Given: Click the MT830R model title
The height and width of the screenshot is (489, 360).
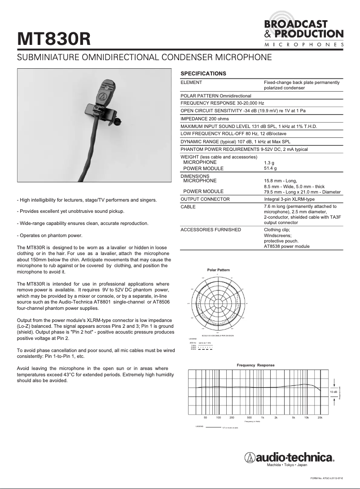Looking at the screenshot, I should (54, 39).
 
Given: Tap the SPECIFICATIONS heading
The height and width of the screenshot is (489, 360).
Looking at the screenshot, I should (203, 73).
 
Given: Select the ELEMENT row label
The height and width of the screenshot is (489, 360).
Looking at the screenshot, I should (191, 83).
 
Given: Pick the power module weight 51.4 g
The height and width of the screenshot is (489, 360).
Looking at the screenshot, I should (270, 168).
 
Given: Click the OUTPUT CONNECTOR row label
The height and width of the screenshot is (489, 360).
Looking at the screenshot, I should (205, 199).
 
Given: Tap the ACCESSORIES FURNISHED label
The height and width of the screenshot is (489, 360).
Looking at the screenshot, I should (211, 229).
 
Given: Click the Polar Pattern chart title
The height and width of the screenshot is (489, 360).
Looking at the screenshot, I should (218, 270).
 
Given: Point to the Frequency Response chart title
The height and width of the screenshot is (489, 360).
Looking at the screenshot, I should (255, 365).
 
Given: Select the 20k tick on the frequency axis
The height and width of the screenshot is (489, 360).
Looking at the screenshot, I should (320, 418).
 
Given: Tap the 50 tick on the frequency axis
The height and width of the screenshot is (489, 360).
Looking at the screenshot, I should (205, 418).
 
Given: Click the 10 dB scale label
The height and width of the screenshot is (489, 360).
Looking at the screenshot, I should (334, 392).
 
